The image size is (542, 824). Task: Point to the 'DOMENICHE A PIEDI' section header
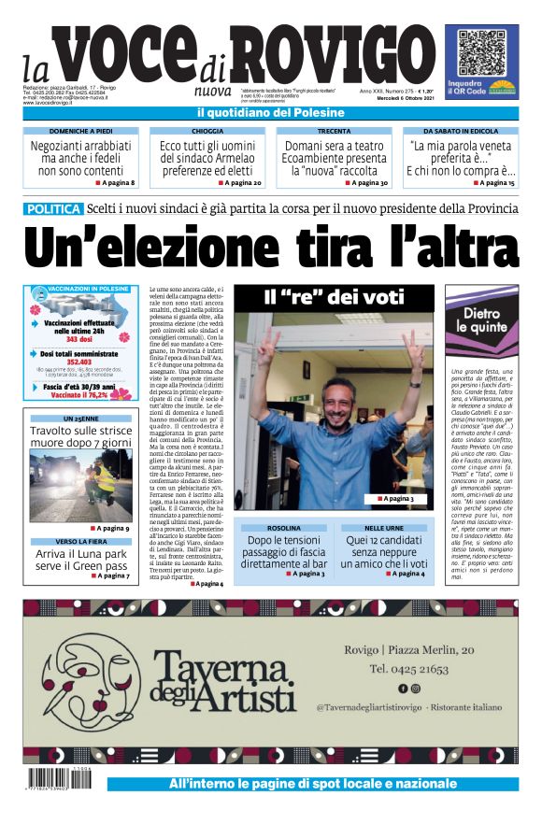tap(81, 132)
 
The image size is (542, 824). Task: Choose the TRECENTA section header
tap(334, 132)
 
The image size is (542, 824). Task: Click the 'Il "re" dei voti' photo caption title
tap(334, 299)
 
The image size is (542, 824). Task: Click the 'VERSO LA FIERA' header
tap(81, 541)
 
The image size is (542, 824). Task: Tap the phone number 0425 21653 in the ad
tap(408, 669)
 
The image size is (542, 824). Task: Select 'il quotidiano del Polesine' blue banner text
tap(270, 113)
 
